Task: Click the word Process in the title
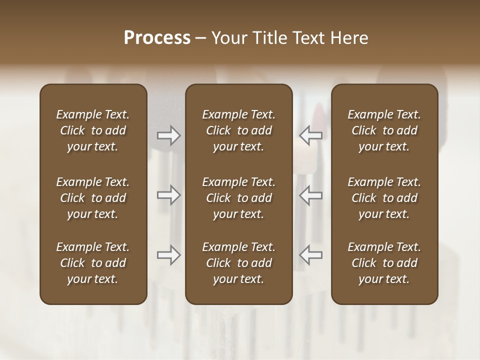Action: coord(157,38)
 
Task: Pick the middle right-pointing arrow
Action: coord(168,195)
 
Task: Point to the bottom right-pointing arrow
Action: coord(168,255)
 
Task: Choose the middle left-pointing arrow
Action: coord(310,195)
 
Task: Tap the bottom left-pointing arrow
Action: coord(310,255)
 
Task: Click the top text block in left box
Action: coord(93,130)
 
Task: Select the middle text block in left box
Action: coord(93,198)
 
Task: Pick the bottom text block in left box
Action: coord(93,263)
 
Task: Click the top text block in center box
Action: coord(238,130)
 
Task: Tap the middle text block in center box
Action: coord(238,198)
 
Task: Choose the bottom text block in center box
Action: coord(238,263)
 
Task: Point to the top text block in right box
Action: coord(384,130)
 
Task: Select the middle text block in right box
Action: coord(384,198)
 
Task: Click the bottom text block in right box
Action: coord(384,263)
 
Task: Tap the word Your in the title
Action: coord(228,38)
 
